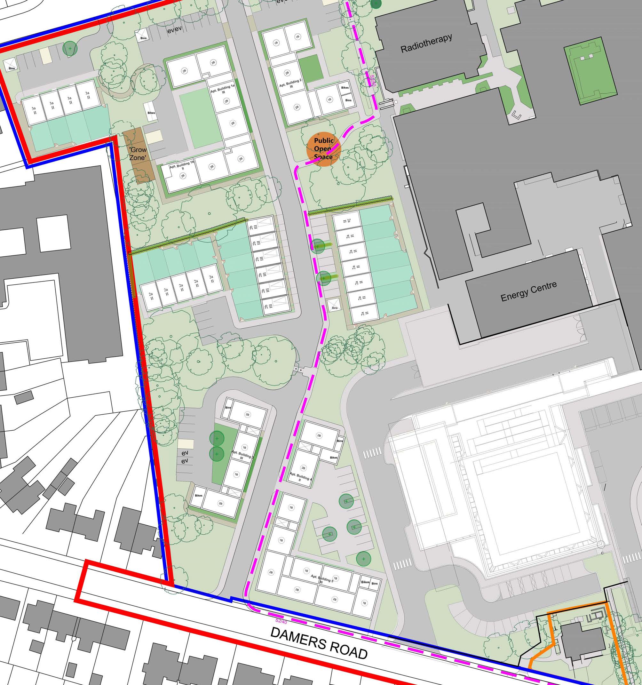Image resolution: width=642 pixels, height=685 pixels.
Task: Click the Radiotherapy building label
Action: click(426, 44)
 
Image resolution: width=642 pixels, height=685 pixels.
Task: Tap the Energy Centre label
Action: click(528, 292)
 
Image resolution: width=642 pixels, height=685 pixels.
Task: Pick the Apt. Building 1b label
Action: click(182, 166)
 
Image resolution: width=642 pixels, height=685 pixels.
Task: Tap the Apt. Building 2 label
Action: click(290, 84)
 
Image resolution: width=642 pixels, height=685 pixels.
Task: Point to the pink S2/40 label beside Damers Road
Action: click(281, 620)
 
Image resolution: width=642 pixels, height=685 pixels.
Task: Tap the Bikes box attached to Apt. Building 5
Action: click(365, 582)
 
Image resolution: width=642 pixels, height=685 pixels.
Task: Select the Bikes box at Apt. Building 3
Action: click(198, 496)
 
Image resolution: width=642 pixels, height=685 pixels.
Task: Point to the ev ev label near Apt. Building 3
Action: click(185, 457)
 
